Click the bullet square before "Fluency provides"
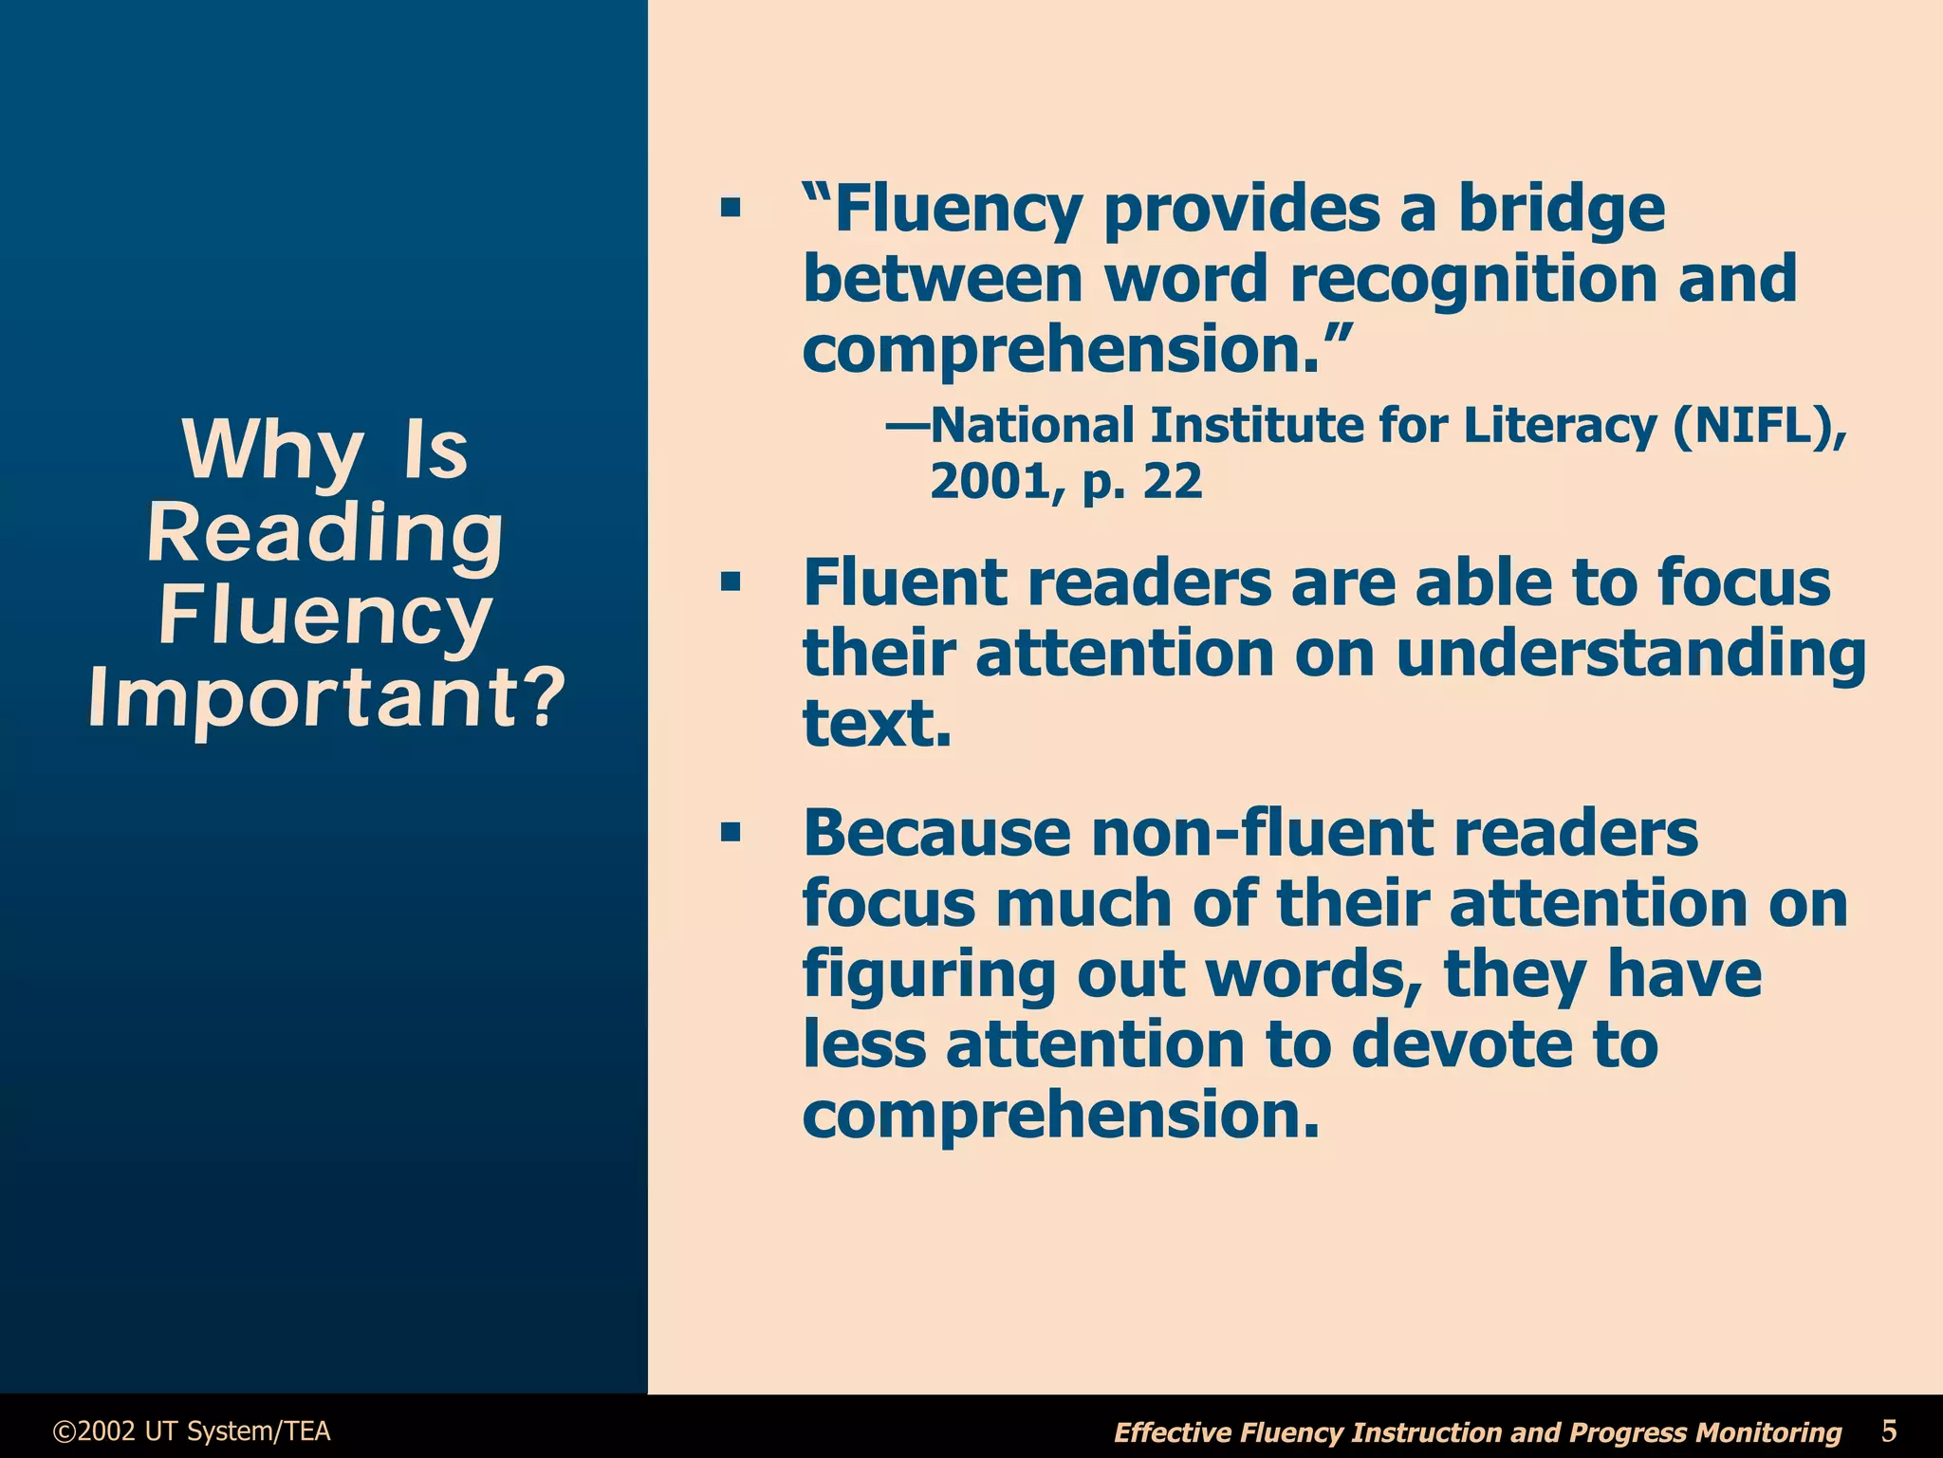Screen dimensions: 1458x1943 click(x=730, y=208)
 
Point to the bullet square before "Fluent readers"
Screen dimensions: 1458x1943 click(x=730, y=581)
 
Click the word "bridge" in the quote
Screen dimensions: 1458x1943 click(x=1561, y=209)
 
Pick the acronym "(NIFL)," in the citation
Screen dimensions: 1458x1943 click(x=1760, y=426)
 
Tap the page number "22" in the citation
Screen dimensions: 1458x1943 click(x=1173, y=482)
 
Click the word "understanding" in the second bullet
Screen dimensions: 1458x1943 click(x=1631, y=654)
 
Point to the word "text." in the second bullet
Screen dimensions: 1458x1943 click(x=877, y=724)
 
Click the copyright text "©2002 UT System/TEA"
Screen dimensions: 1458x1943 click(x=193, y=1430)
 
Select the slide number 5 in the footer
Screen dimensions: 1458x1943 click(x=1889, y=1430)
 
